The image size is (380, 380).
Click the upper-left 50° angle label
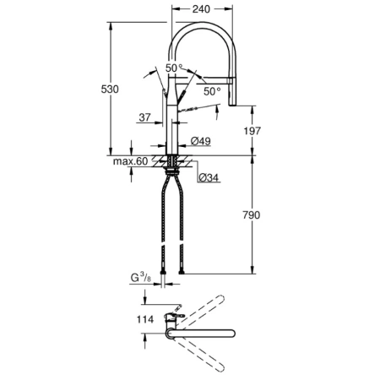pyautogui.click(x=173, y=67)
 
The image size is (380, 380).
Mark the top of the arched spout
pyautogui.click(x=203, y=27)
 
